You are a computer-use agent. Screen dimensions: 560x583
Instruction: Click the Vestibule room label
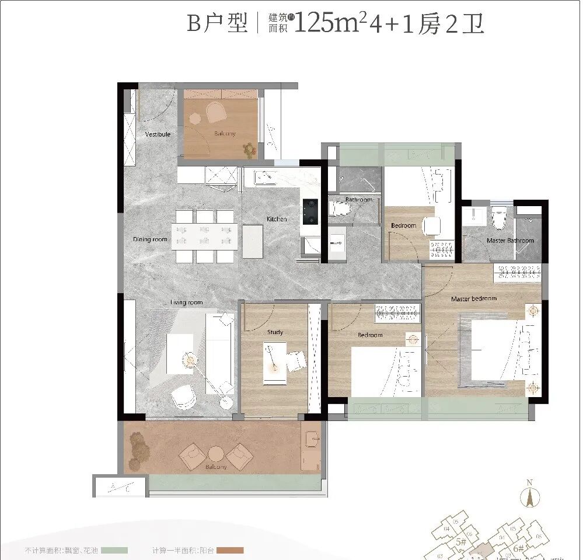(x=158, y=134)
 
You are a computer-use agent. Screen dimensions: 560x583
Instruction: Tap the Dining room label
(x=150, y=239)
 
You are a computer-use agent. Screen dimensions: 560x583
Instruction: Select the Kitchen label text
(x=277, y=219)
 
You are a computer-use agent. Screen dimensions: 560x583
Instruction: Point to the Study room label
(x=275, y=332)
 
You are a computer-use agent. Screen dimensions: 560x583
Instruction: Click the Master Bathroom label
(x=510, y=241)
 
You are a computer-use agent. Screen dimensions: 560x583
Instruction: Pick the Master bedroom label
(x=474, y=299)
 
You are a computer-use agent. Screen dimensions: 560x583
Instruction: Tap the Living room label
(x=186, y=302)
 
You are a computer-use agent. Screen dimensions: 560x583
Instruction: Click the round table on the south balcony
(x=216, y=454)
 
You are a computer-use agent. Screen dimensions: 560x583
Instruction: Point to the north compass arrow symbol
(x=530, y=498)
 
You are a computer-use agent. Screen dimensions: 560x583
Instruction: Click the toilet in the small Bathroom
(x=338, y=208)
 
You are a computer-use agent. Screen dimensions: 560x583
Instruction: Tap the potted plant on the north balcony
(x=250, y=149)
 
